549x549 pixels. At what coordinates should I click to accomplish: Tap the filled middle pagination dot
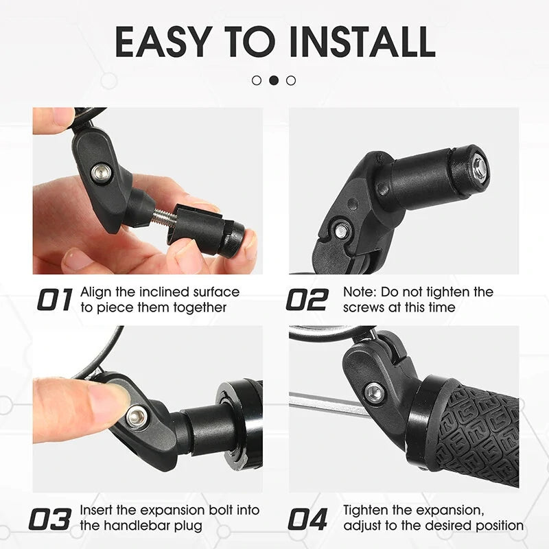pos(274,80)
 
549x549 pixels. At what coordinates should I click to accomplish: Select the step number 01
pos(54,301)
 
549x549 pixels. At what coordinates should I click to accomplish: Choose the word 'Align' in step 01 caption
pos(97,292)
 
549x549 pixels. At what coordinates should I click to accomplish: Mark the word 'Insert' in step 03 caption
pos(98,511)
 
